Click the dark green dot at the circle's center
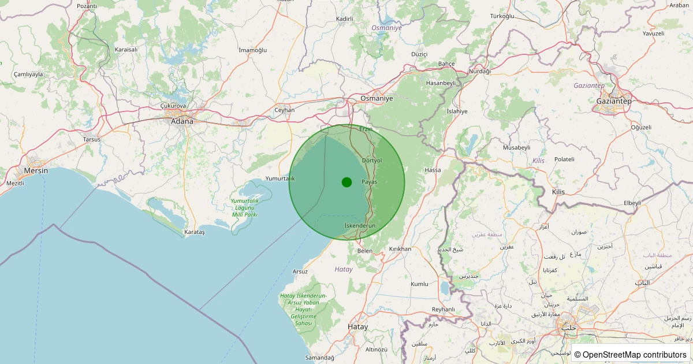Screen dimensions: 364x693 tap(346, 182)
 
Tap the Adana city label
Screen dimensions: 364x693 tap(182, 121)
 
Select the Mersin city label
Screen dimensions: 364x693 tap(36, 171)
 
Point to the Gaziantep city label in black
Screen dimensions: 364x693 tap(614, 101)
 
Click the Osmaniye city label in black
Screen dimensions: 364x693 tap(377, 98)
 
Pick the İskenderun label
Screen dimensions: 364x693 tap(360, 225)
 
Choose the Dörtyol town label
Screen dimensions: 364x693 tap(371, 160)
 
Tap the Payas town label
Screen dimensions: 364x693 tap(369, 181)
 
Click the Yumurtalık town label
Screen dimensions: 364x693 tap(280, 178)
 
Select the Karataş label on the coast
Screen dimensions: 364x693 tap(194, 232)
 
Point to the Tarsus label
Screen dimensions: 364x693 tap(92, 139)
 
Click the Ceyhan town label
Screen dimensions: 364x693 tap(284, 110)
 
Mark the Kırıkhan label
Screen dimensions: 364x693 tap(400, 248)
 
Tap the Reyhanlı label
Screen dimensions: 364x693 tap(444, 309)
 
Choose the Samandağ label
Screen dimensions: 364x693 tap(320, 358)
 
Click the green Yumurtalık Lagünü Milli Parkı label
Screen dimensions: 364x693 tap(244, 207)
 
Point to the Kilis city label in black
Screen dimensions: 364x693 tap(558, 191)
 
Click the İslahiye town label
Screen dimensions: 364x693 tap(457, 111)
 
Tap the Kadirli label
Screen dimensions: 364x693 tap(344, 18)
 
